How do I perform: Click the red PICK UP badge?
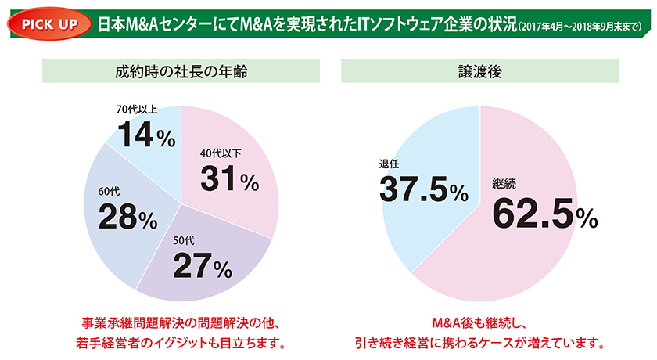pos(48,20)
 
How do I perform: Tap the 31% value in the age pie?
pos(228,180)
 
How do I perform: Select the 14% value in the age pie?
pos(142,139)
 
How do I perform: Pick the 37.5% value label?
pos(423,189)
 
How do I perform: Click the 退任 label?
pos(390,164)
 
